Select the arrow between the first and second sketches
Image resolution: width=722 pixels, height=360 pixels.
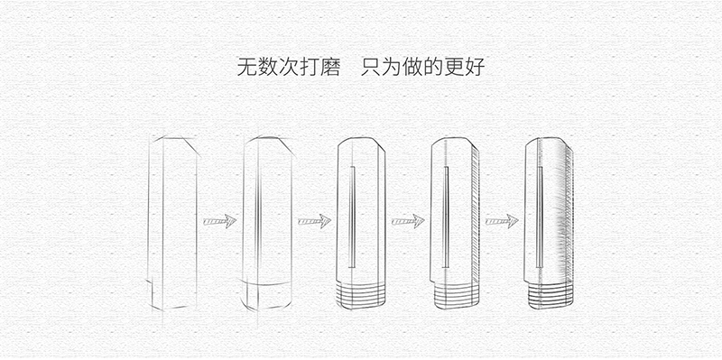click(219, 220)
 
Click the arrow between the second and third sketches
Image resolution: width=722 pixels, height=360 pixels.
click(314, 220)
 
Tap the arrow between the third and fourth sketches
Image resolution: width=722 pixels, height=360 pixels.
click(408, 220)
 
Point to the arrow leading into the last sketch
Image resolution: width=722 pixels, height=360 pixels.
click(503, 220)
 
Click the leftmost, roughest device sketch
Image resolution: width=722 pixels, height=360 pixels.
click(172, 221)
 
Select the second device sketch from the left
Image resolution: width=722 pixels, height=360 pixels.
click(267, 221)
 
